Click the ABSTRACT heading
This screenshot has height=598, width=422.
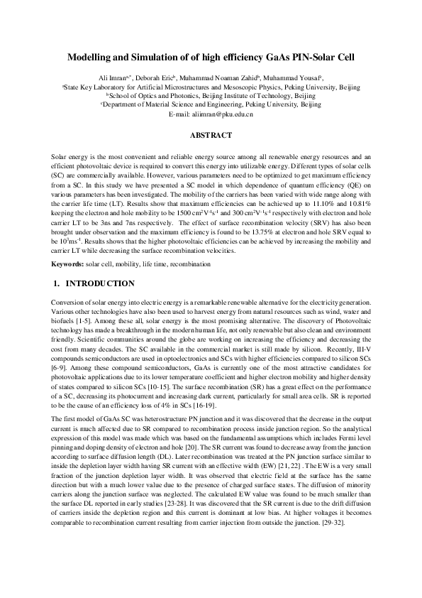(211, 135)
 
